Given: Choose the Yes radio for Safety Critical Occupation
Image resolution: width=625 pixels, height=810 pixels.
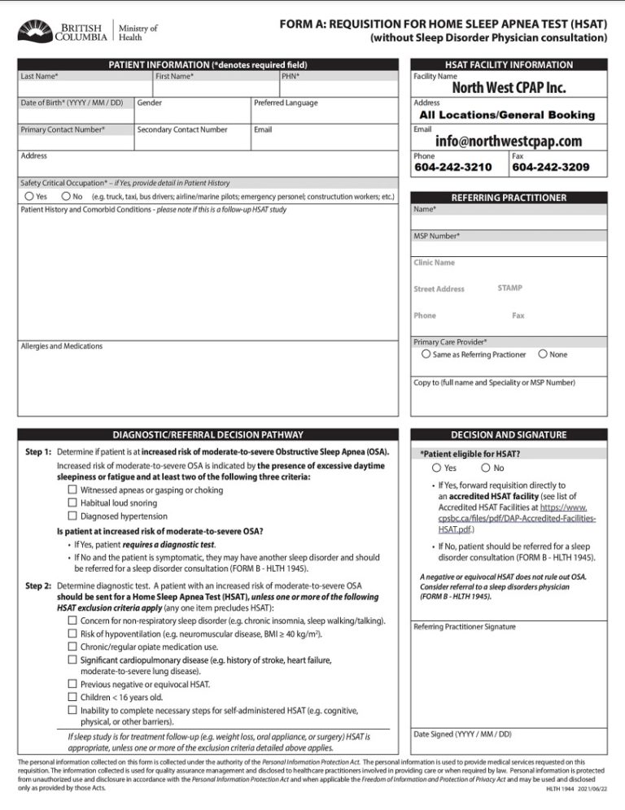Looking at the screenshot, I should coord(29,196).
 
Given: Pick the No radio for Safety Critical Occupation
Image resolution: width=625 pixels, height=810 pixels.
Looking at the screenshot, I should coord(66,196).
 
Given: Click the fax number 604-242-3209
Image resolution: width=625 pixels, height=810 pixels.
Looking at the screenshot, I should coord(549,168).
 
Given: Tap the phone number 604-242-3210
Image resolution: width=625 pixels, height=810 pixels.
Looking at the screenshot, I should coord(453,168).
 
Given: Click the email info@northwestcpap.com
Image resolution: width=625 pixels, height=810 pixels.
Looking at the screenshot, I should coord(509,141).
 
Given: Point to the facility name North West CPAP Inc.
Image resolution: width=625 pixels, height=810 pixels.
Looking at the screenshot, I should coord(509,87).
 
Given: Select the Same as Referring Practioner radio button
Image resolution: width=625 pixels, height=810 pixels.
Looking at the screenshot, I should coord(426,354).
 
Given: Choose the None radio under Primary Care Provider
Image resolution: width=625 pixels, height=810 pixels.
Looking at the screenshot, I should coord(543,354).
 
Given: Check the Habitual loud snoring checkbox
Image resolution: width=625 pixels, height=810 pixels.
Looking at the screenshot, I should coord(73,503).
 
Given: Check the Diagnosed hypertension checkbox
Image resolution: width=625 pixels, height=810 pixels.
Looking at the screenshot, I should coord(73,516).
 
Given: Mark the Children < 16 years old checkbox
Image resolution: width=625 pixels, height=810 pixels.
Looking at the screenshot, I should coord(73,696).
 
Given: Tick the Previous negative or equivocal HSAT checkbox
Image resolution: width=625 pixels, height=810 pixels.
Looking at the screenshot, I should coord(73,684).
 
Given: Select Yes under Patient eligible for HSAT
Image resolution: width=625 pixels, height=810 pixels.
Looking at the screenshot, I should coord(438,468).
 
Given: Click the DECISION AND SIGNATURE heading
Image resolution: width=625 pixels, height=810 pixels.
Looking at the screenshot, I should coord(509,435).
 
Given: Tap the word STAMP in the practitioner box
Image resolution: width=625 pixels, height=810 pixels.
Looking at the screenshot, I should coord(509,288).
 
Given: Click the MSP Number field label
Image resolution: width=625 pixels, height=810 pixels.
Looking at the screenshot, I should coord(437,236).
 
